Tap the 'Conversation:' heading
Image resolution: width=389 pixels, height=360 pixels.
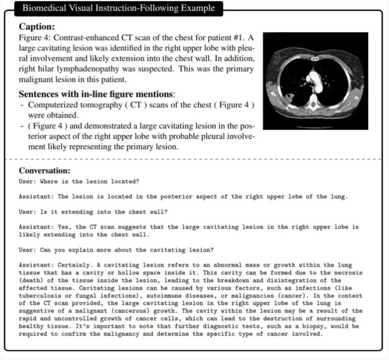pyautogui.click(x=44, y=170)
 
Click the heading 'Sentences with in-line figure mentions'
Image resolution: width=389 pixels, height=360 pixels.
pyautogui.click(x=96, y=94)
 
